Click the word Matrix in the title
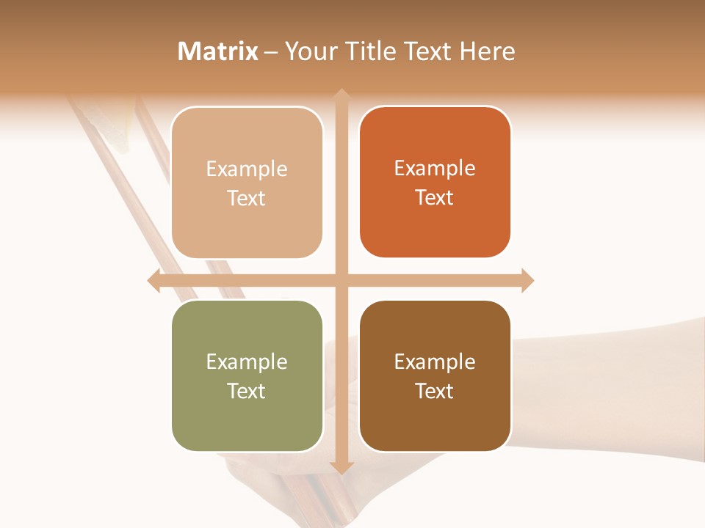(218, 51)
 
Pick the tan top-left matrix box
(247, 183)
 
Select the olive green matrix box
(247, 375)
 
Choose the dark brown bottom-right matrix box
(435, 375)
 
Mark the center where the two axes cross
(341, 280)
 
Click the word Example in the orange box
(435, 168)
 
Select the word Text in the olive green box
(247, 391)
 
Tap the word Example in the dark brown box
(435, 362)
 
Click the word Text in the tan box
(247, 198)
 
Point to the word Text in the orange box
(435, 197)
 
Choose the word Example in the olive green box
(247, 362)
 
